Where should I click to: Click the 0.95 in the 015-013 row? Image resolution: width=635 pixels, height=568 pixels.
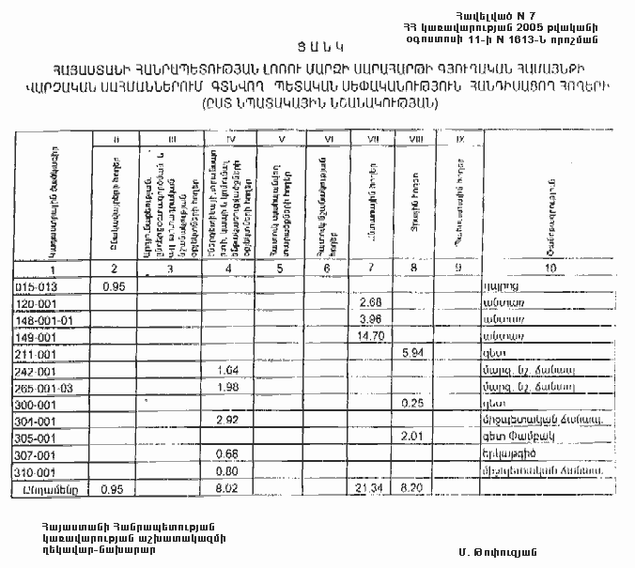[x=114, y=284]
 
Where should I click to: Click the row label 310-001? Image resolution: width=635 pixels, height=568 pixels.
[x=35, y=471]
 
